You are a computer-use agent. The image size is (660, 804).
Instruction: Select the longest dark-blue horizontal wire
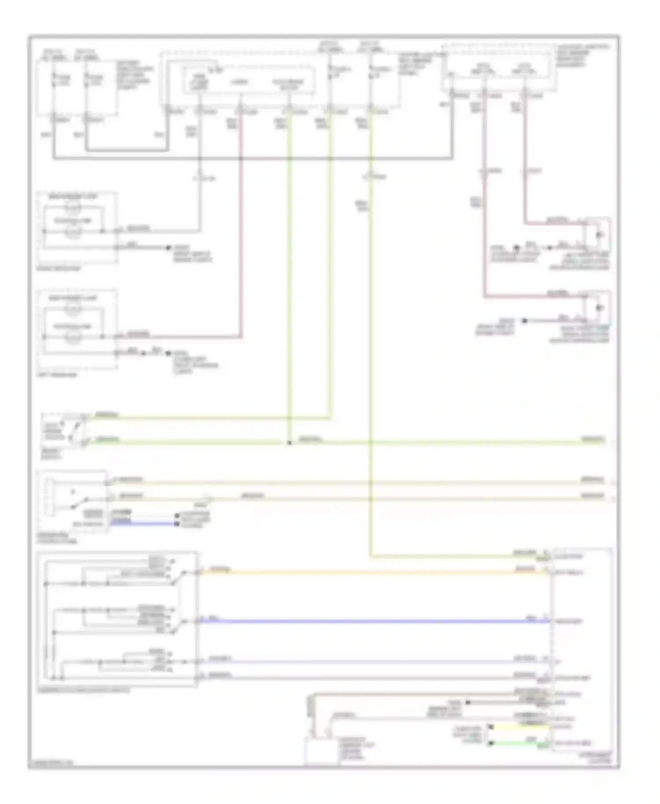tap(374, 621)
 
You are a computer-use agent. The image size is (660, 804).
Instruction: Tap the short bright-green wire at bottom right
tap(519, 744)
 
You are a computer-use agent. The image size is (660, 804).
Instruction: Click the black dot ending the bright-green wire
tap(491, 744)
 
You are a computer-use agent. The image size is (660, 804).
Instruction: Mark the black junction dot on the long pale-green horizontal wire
tap(289, 443)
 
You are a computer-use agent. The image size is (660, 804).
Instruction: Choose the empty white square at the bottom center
tap(322, 751)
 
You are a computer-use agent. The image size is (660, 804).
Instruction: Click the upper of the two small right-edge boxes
tap(599, 234)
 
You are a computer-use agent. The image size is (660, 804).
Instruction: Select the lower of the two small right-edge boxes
tap(599, 308)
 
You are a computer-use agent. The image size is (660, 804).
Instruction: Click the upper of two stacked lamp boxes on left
tap(77, 227)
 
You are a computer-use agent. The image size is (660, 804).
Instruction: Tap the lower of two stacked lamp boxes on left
tap(77, 329)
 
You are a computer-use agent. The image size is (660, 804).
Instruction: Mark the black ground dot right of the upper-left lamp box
tap(168, 248)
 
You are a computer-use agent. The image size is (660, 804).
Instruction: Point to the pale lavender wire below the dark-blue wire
tap(374, 661)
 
